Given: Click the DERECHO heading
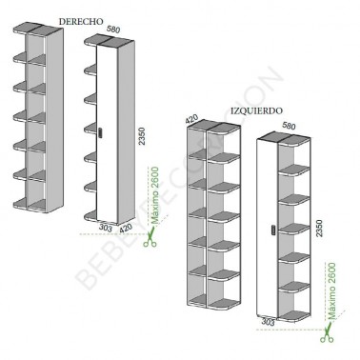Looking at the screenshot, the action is click(81, 22).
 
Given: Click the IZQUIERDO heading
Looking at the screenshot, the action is click(256, 110).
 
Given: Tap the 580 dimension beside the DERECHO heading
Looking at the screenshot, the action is click(113, 30).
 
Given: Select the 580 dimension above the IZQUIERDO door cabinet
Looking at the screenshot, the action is click(289, 126).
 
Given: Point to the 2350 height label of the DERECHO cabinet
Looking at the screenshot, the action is click(142, 136).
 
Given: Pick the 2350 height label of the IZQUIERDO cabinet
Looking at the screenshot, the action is click(319, 228).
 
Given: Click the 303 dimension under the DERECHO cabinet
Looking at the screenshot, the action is click(106, 228).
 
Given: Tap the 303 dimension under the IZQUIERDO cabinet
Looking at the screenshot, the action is click(269, 322).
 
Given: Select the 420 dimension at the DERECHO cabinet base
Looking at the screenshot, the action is click(126, 229).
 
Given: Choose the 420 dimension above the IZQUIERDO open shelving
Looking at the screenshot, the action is click(191, 119).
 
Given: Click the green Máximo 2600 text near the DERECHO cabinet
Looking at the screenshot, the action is click(155, 195).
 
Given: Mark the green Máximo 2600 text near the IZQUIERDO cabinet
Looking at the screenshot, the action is click(331, 290).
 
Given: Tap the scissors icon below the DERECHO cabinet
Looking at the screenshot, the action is click(150, 238).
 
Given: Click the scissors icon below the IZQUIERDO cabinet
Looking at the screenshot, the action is click(327, 333).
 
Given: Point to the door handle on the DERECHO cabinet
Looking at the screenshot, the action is click(101, 132).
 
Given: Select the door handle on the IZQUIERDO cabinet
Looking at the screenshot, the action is click(273, 230).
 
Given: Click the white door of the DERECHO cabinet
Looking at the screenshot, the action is click(107, 132).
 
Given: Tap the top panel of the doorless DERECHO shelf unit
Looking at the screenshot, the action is click(38, 28).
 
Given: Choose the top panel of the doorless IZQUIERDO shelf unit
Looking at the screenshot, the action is click(213, 125).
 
